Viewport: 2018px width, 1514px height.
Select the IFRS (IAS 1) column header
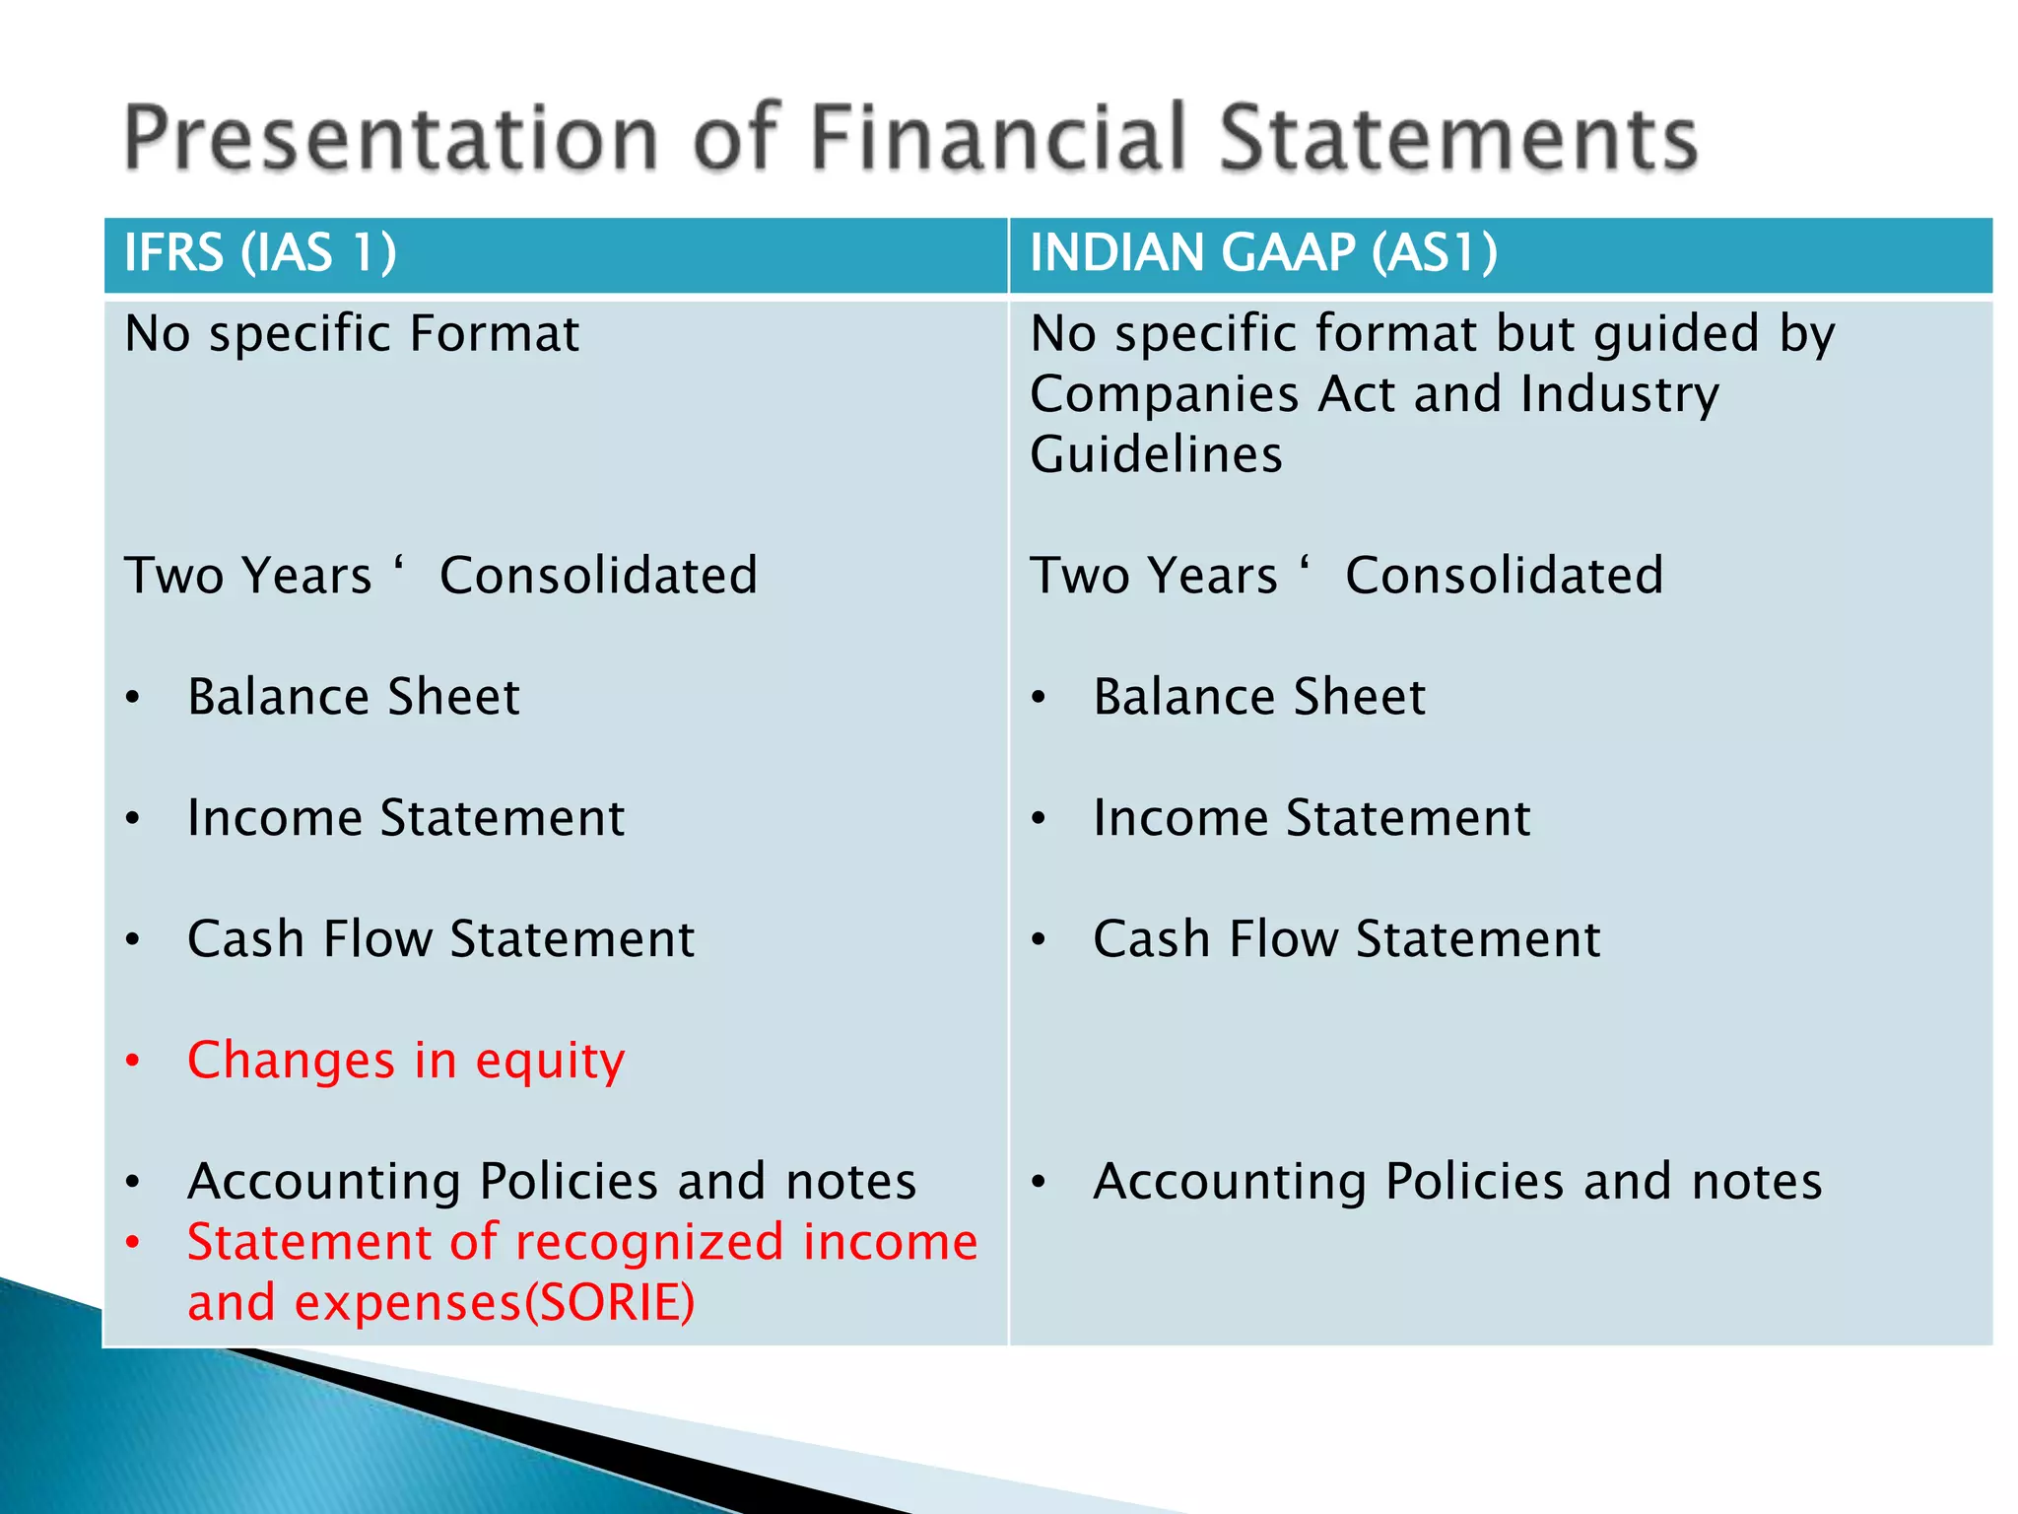tap(260, 252)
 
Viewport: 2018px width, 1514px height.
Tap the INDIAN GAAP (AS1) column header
tap(1263, 252)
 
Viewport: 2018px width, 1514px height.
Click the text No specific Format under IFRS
tap(352, 334)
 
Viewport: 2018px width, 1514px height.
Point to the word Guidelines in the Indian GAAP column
tap(1156, 455)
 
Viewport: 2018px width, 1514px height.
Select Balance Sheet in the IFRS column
tap(353, 698)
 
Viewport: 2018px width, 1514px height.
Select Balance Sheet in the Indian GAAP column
tap(1258, 698)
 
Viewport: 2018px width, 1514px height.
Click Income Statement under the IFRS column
tap(405, 819)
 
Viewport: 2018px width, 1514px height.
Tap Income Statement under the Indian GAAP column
tap(1312, 819)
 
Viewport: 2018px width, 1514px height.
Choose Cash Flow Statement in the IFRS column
tap(440, 939)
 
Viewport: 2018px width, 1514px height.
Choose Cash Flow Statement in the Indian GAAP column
tap(1346, 939)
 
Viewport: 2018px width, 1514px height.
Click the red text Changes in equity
tap(405, 1062)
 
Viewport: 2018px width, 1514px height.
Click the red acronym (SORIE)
tap(609, 1303)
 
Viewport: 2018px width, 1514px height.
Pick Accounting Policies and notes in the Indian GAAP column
tap(1457, 1182)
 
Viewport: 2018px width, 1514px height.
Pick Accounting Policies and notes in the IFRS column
tap(552, 1182)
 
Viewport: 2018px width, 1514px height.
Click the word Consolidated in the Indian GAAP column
tap(1504, 577)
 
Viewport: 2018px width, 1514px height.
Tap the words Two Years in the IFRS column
tap(247, 577)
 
